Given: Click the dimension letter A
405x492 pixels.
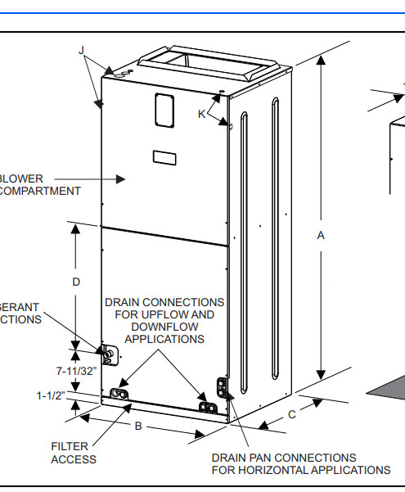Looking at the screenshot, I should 321,236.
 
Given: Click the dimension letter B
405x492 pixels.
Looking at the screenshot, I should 138,426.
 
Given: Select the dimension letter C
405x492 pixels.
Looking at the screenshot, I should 291,414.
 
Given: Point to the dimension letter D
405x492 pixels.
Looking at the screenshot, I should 76,282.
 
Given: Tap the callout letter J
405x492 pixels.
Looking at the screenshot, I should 82,50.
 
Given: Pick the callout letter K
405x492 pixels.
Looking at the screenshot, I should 201,114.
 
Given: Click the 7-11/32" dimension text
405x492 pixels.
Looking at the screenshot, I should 77,371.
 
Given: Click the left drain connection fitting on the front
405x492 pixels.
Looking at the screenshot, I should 120,395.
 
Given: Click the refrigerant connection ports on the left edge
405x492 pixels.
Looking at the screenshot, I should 106,354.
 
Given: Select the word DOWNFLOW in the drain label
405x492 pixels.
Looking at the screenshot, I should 164,327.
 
